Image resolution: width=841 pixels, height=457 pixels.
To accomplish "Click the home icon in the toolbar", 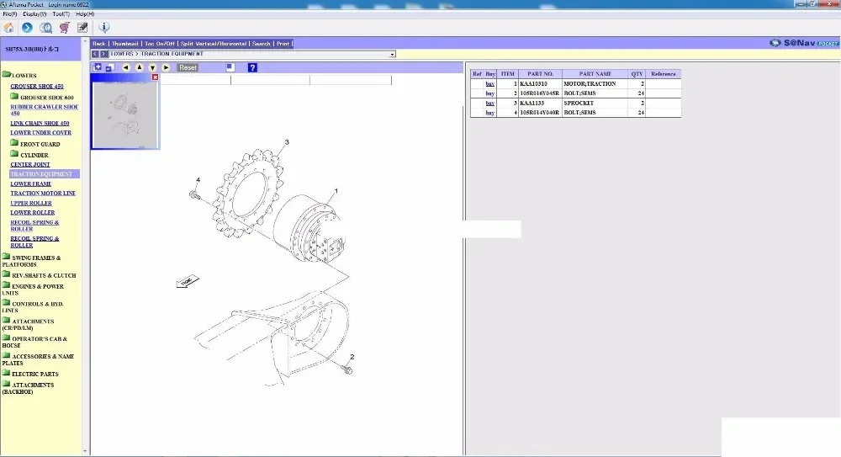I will pos(8,28).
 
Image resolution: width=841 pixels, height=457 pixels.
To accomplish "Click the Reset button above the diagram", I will pos(188,67).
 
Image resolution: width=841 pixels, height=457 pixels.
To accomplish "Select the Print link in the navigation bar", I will pos(283,44).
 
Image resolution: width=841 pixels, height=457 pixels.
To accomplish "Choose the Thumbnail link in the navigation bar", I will pos(125,44).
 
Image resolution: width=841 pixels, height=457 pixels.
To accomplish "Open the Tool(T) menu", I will pos(61,14).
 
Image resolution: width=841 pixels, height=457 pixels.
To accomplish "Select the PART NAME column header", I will pos(595,74).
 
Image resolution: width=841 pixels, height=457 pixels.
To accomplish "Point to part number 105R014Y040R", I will pos(539,112).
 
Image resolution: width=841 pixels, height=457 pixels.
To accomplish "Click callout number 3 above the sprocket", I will pos(286,142).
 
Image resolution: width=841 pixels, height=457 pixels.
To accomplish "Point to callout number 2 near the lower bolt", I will pos(352,357).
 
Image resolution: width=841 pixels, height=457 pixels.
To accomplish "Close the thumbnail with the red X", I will pos(155,77).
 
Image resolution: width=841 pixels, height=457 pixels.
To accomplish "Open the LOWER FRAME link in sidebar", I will pos(31,183).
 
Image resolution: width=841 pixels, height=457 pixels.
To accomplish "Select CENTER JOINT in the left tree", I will pos(31,164).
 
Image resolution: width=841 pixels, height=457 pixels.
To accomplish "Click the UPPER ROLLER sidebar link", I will pos(31,203).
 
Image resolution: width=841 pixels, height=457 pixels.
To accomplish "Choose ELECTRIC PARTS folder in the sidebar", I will pos(34,374).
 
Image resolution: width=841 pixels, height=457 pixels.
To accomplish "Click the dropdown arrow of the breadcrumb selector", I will pos(392,54).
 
